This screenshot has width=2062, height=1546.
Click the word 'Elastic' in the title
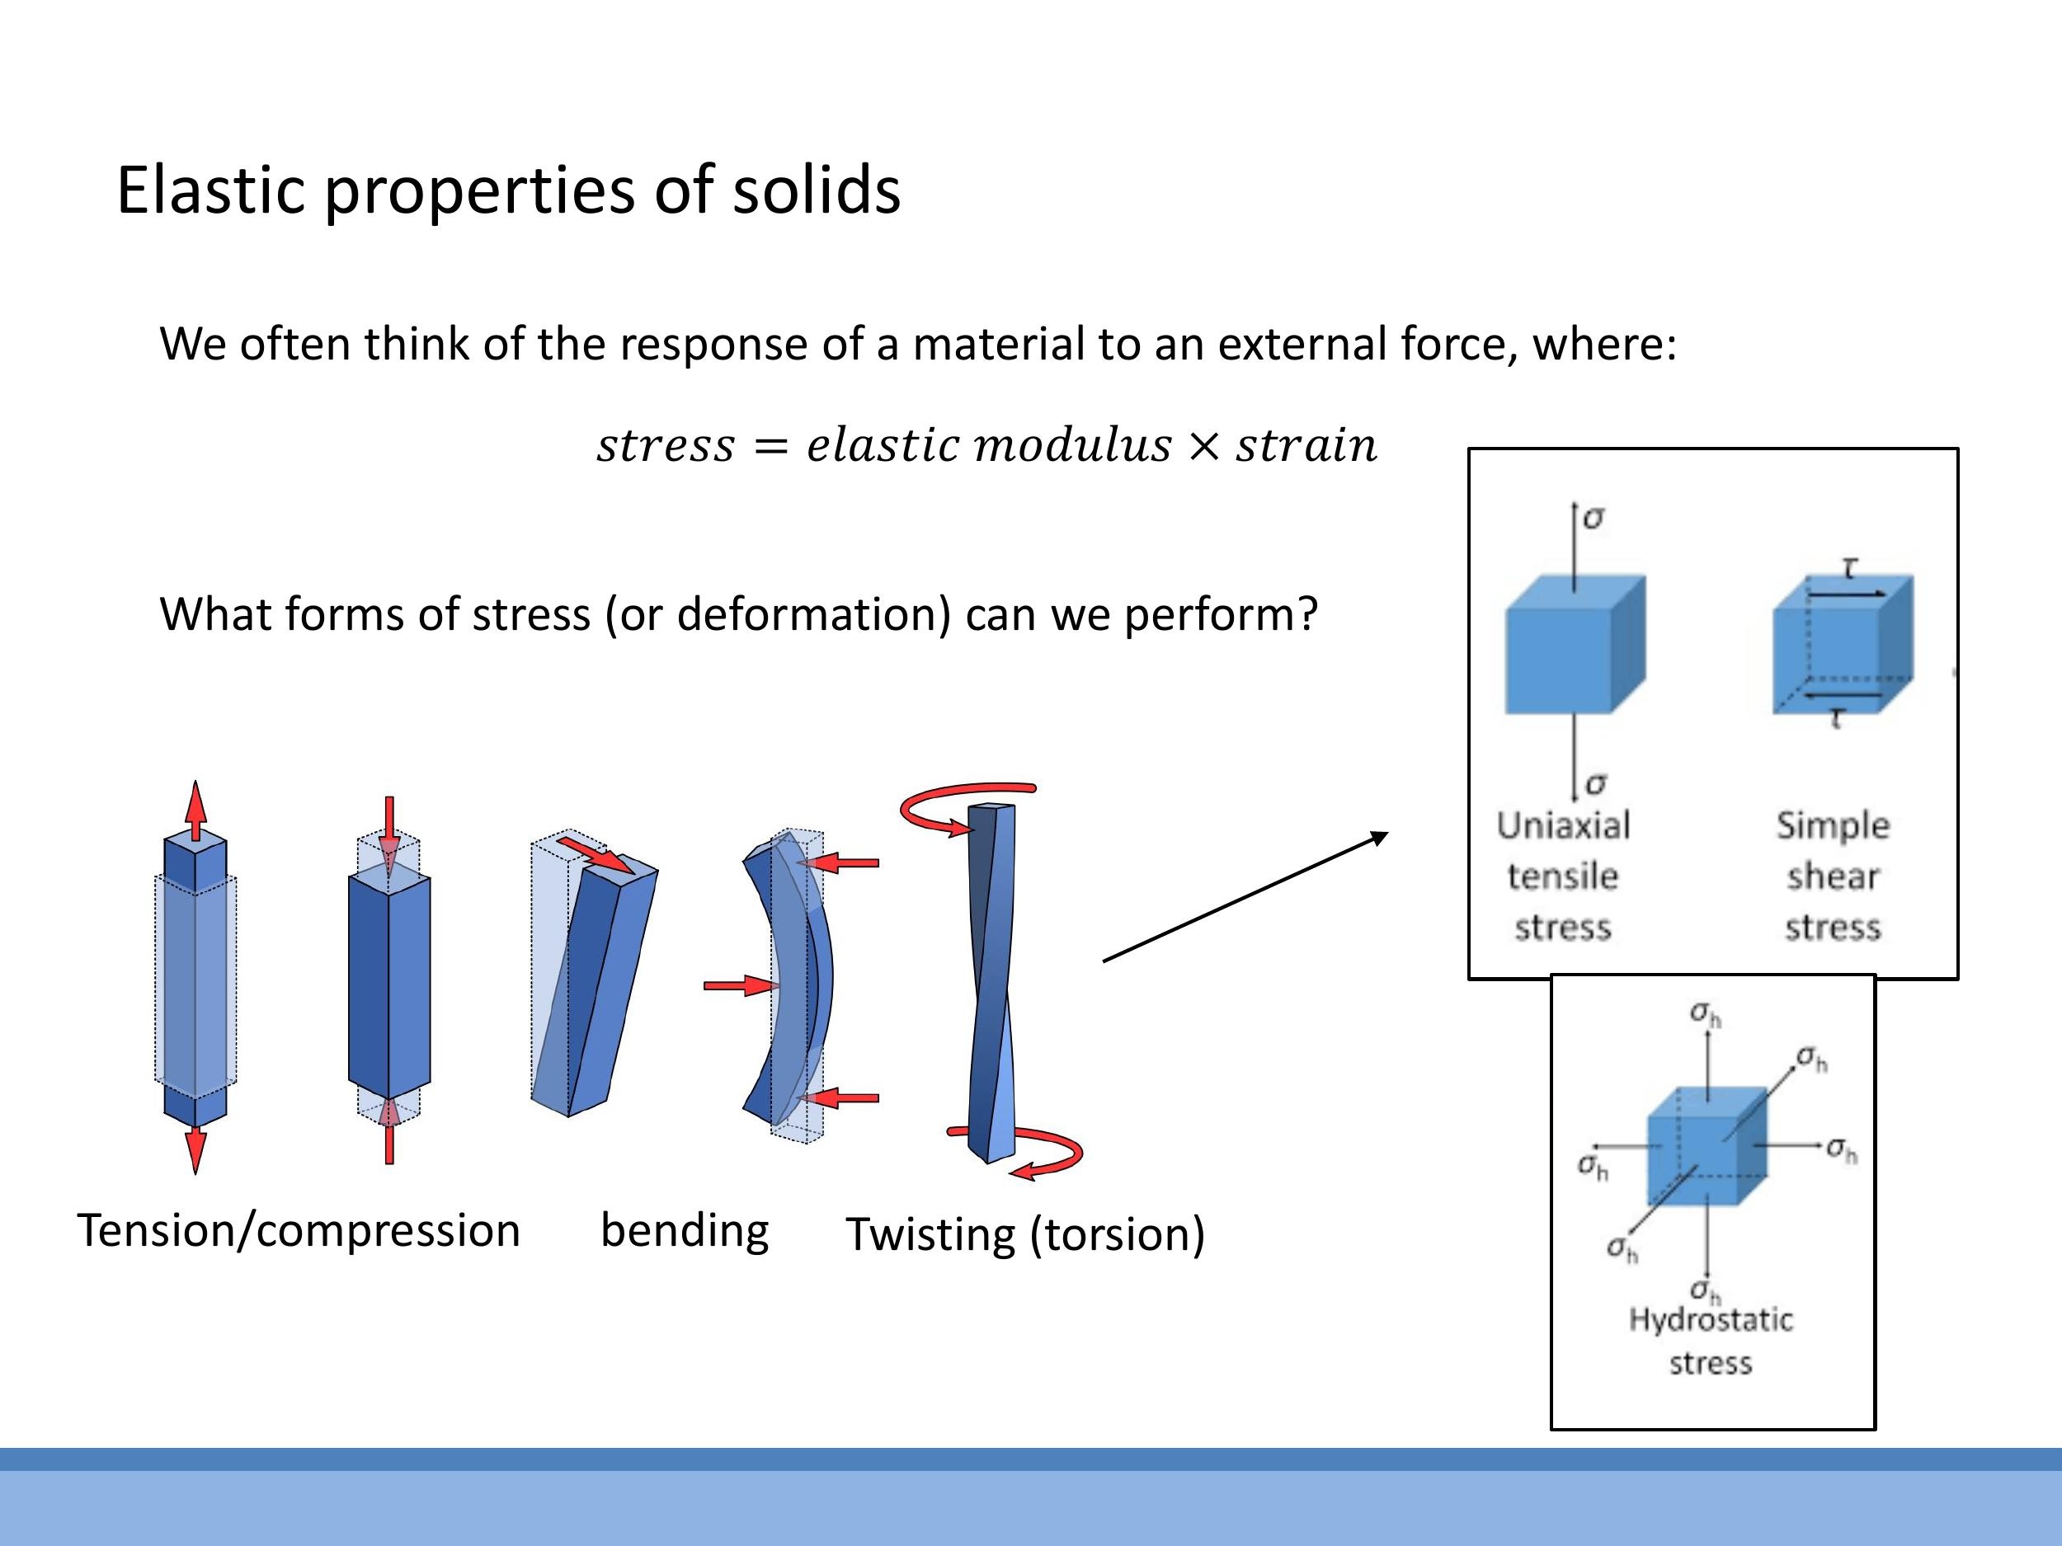pos(209,191)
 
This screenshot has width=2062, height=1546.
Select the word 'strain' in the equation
pos(1305,445)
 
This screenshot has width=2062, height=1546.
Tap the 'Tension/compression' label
pos(299,1231)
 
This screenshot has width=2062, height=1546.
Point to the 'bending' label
pos(685,1231)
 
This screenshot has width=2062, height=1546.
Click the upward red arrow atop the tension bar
pos(195,811)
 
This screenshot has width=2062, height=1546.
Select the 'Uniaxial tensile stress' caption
pos(1563,876)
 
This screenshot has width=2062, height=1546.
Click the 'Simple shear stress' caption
pos(1833,876)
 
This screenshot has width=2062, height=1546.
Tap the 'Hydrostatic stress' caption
pos(1711,1341)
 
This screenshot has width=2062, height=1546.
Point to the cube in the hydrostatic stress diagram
pos(1706,1146)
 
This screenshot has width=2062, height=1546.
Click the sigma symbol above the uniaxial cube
pos(1594,518)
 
